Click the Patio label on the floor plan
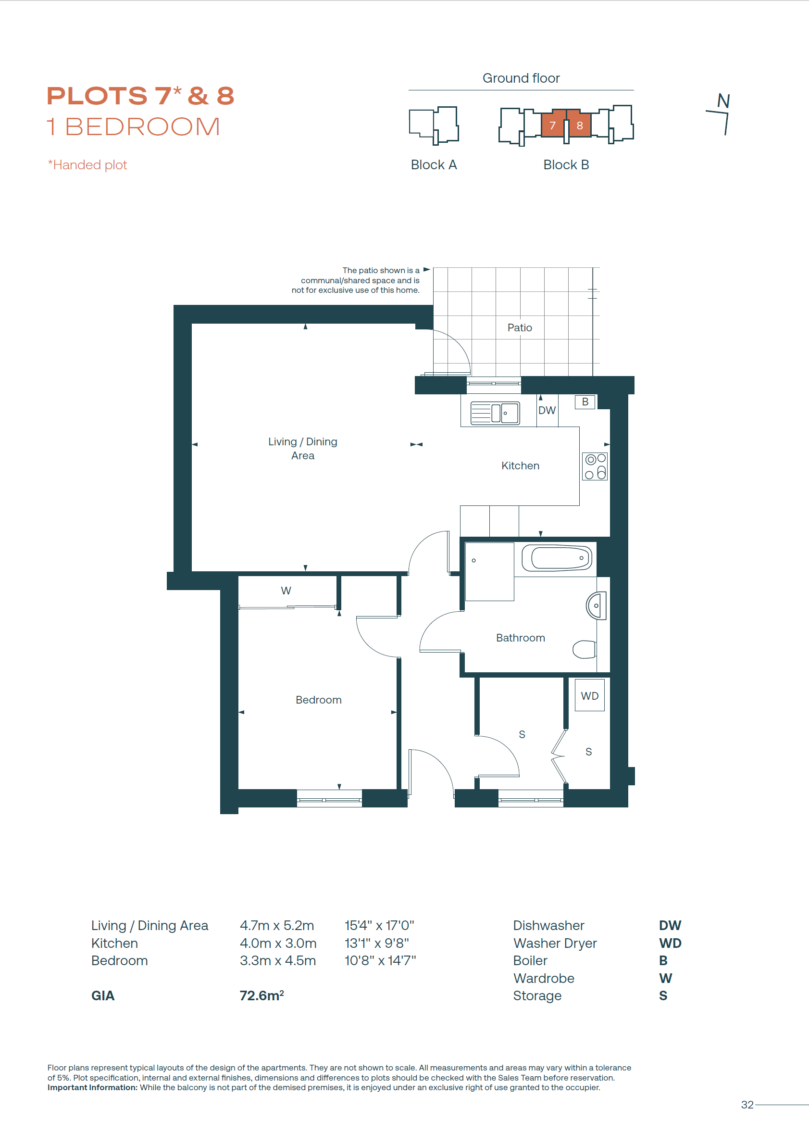pyautogui.click(x=520, y=327)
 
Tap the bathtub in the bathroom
pyautogui.click(x=557, y=558)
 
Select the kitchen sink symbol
pyautogui.click(x=495, y=413)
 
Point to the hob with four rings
pyautogui.click(x=595, y=466)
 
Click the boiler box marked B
pyautogui.click(x=585, y=402)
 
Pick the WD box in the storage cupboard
pyautogui.click(x=590, y=695)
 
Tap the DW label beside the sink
pyautogui.click(x=547, y=410)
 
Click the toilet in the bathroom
pyautogui.click(x=585, y=649)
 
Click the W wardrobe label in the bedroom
pyautogui.click(x=286, y=591)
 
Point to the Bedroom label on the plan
pyautogui.click(x=319, y=700)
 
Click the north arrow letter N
pyautogui.click(x=723, y=101)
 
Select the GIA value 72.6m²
pyautogui.click(x=262, y=995)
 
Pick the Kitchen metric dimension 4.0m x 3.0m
pyautogui.click(x=278, y=943)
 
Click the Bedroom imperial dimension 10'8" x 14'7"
pyautogui.click(x=380, y=961)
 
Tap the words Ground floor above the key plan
pyautogui.click(x=521, y=78)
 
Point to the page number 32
pyautogui.click(x=747, y=1105)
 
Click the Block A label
pyautogui.click(x=434, y=164)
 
